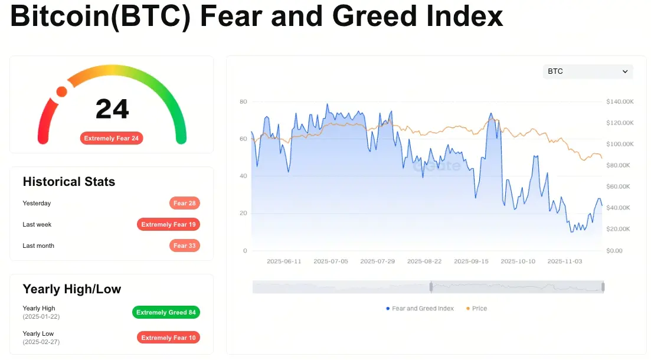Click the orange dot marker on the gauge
[x=61, y=91]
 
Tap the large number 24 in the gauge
[x=112, y=109]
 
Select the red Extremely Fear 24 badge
[x=112, y=138]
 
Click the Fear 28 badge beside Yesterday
[x=184, y=203]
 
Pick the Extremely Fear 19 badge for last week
[x=168, y=224]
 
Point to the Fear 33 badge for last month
[x=184, y=246]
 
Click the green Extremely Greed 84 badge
[x=166, y=312]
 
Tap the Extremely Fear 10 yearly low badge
[x=168, y=338]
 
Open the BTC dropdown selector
[x=588, y=71]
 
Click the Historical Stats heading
[x=69, y=181]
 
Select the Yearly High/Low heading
[x=72, y=289]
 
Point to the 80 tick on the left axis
[x=243, y=102]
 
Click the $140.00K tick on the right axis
[x=620, y=102]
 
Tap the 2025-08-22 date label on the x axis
[x=424, y=261]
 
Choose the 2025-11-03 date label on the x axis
[x=565, y=261]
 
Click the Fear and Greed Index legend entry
[x=420, y=309]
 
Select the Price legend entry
[x=476, y=309]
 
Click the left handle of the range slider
[x=431, y=287]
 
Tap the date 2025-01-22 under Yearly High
[x=41, y=316]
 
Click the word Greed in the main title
[x=374, y=16]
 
